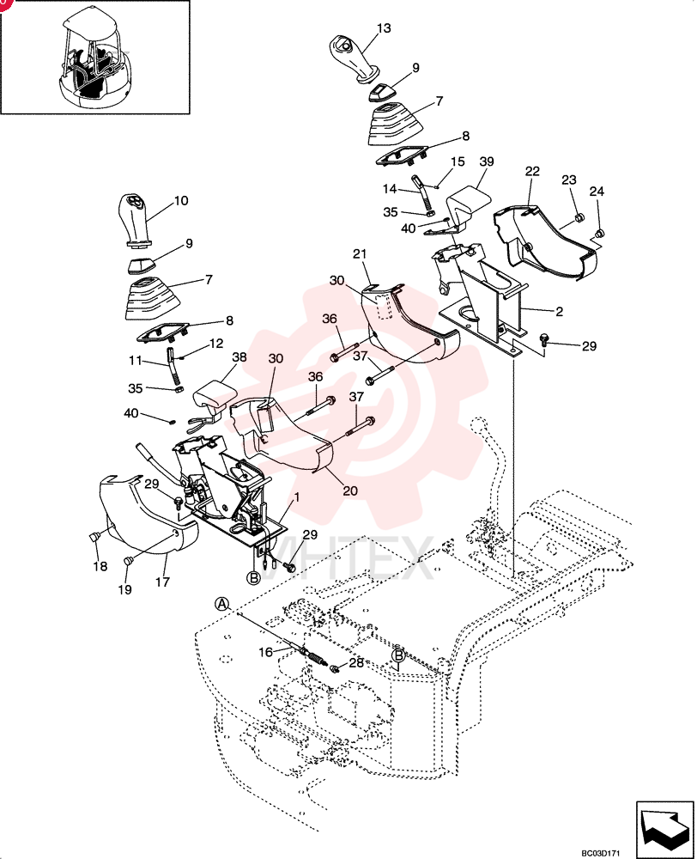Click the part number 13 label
(x=384, y=28)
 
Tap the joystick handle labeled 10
(x=135, y=220)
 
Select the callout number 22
(x=532, y=171)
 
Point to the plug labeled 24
(x=599, y=233)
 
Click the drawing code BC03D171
(x=601, y=853)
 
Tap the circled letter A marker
(x=221, y=603)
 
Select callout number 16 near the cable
(x=265, y=652)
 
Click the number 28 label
(x=356, y=663)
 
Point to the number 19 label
(x=124, y=589)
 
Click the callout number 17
(x=162, y=582)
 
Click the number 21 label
(x=360, y=254)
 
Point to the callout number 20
(x=350, y=490)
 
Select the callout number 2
(x=559, y=311)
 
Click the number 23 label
(x=569, y=180)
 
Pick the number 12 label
(x=216, y=344)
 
